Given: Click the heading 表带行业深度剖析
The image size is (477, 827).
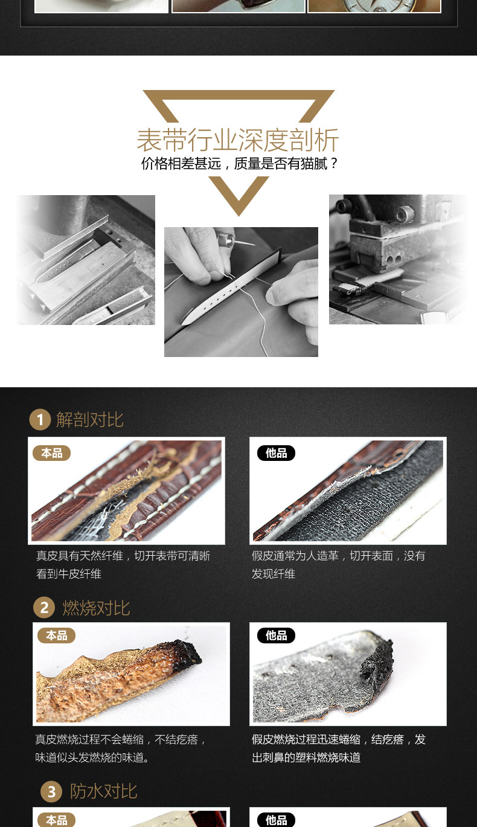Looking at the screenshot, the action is click(x=238, y=140).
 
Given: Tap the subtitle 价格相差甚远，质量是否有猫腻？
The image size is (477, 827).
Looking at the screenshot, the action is click(x=240, y=163).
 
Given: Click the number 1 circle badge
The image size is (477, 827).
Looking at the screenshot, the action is click(x=40, y=419).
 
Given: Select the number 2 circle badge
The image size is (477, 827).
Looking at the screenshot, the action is click(x=44, y=607).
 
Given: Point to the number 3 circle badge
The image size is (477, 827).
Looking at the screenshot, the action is click(x=51, y=791).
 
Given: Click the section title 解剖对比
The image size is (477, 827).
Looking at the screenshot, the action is click(x=89, y=420).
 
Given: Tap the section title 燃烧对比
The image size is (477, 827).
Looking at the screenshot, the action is click(x=96, y=608).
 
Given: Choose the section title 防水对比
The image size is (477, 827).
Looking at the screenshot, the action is click(x=104, y=791).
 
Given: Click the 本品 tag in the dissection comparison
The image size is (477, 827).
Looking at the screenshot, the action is click(x=52, y=453).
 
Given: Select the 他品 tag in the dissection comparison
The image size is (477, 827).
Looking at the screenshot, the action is click(x=276, y=453).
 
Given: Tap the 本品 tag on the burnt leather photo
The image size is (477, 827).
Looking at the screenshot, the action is click(x=56, y=636).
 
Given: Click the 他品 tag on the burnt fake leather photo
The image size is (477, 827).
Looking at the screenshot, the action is click(x=276, y=636).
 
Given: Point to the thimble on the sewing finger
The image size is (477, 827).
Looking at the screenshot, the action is click(x=226, y=239).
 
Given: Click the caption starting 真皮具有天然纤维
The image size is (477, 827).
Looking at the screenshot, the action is click(x=123, y=565).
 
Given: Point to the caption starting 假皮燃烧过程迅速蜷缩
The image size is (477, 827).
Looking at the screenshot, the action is click(x=339, y=748).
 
